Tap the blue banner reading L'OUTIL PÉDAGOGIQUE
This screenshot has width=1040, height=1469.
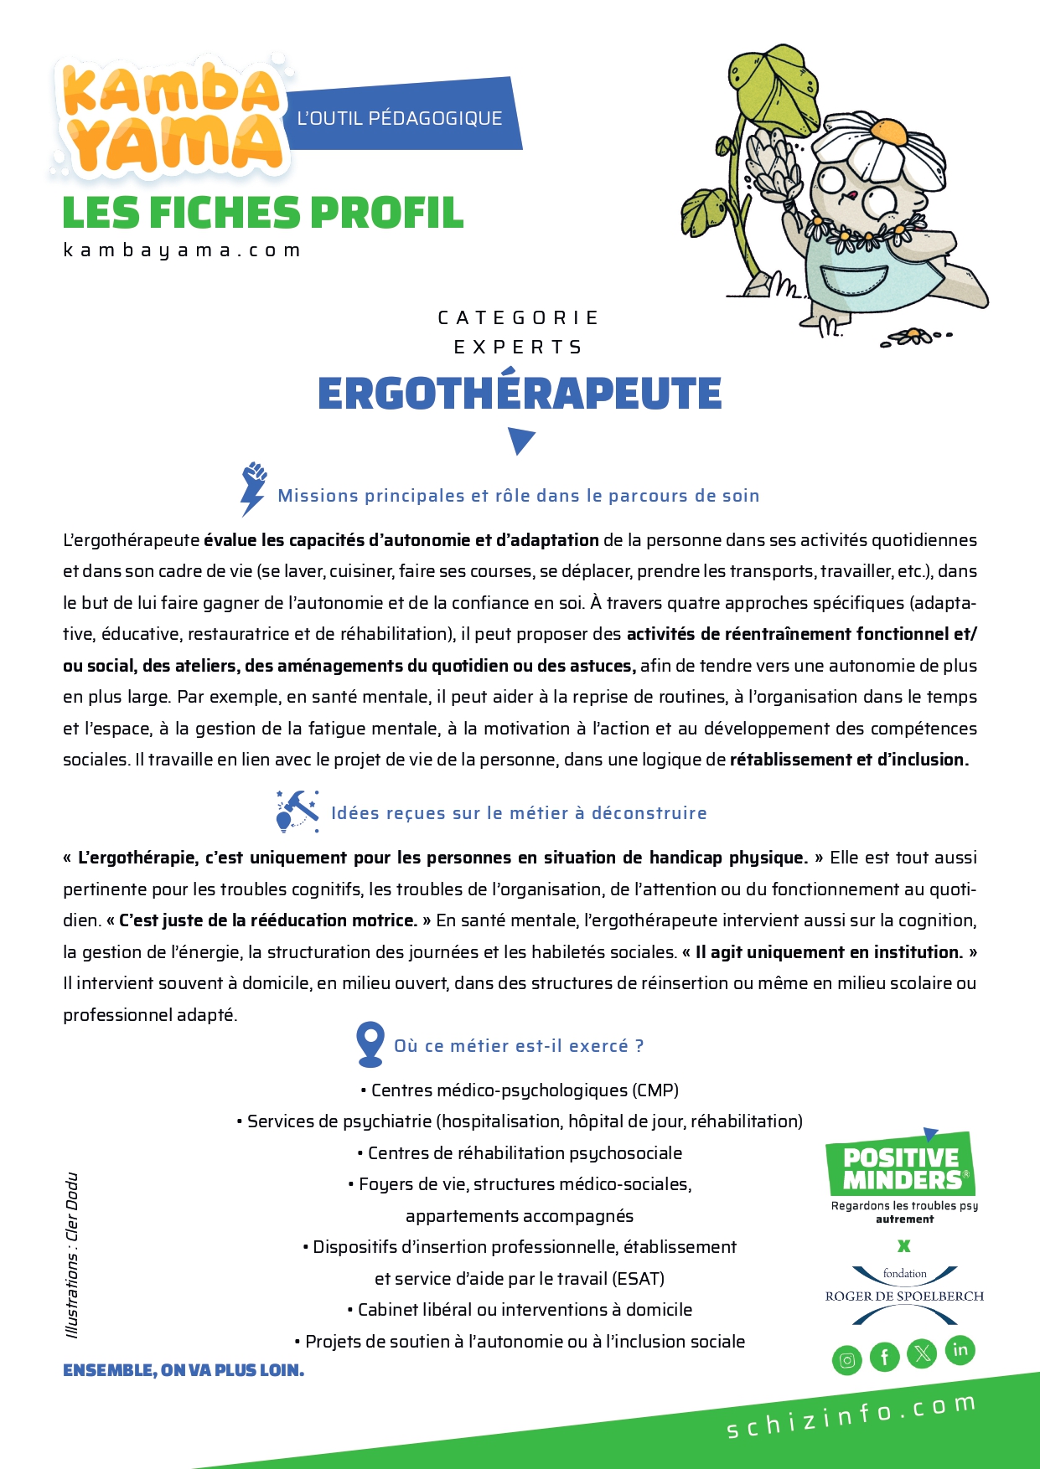(401, 118)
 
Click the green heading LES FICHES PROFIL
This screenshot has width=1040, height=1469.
(263, 213)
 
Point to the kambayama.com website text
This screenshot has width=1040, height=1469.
(182, 250)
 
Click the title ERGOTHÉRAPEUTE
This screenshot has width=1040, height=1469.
(520, 394)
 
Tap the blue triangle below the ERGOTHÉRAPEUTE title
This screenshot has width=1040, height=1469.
(521, 440)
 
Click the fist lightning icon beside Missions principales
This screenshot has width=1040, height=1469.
(252, 488)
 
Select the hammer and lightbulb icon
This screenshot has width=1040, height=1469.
(298, 811)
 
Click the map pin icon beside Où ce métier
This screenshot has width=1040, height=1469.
(370, 1044)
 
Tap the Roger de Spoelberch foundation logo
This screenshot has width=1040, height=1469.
(904, 1295)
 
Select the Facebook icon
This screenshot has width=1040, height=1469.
(884, 1357)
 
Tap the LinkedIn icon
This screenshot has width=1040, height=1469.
(960, 1350)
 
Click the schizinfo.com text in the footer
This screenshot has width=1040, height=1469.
(851, 1416)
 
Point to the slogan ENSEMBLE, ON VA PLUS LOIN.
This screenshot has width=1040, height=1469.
(184, 1370)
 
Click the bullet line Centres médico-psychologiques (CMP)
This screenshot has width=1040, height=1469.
(520, 1090)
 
